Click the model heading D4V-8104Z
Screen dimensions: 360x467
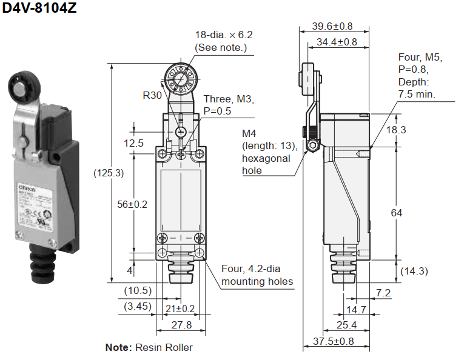tap(39, 10)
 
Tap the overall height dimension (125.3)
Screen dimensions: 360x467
tap(109, 173)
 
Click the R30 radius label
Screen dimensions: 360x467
tap(152, 95)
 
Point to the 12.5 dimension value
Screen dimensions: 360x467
tap(134, 144)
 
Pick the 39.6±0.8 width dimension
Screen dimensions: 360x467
tap(332, 26)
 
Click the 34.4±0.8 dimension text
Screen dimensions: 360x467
tap(337, 42)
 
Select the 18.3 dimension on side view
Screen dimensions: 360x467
tap(413, 130)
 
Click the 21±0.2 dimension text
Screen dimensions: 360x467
tap(180, 308)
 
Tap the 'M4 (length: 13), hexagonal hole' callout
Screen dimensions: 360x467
tap(269, 152)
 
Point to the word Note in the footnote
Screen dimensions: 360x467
tap(118, 347)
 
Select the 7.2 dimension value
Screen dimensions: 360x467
tap(383, 293)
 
